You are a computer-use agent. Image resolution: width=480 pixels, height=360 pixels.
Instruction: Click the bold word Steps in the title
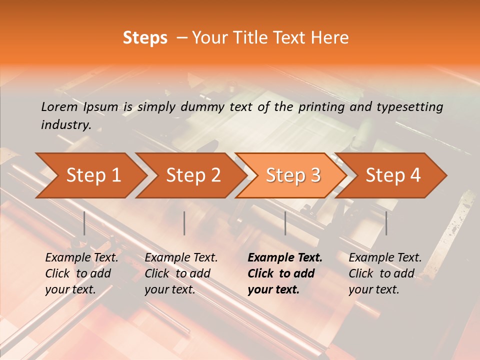coord(145,38)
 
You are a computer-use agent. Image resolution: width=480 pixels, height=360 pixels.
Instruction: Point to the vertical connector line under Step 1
coord(84,223)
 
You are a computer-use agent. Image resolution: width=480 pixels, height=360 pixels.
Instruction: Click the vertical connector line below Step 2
coord(184,223)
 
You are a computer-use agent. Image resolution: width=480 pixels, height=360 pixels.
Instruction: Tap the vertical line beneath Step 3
coord(285,223)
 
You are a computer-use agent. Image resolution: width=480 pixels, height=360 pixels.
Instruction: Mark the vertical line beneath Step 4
coord(386,223)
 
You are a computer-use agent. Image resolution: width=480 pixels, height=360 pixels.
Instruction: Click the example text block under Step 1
coord(81,273)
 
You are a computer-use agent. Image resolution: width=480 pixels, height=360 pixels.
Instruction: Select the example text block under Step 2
coord(181,273)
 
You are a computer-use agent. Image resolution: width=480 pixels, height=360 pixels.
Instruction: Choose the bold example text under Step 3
coord(284,273)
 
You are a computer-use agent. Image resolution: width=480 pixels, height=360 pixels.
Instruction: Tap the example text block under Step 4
coord(385,273)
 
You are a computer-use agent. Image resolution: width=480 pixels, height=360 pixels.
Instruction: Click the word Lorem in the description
coord(59,107)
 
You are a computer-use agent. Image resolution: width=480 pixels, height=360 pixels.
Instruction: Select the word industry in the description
coord(65,125)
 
